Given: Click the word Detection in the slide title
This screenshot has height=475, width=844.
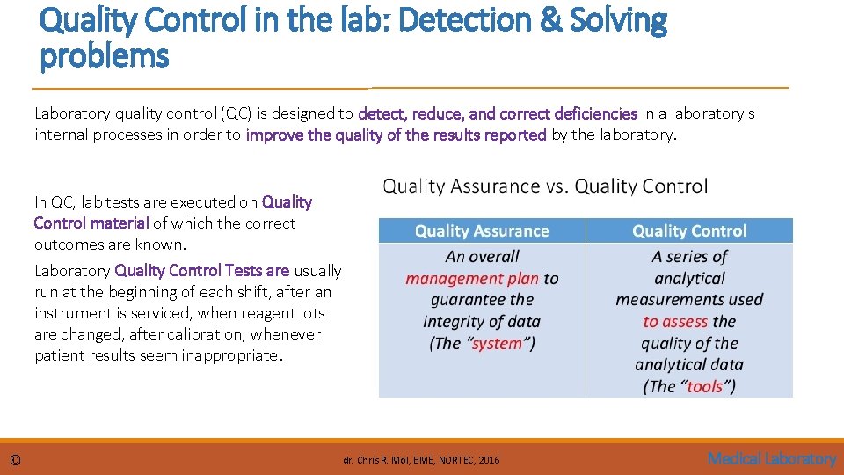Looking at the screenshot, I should click(x=459, y=19).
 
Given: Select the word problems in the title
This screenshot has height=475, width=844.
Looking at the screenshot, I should click(x=104, y=57).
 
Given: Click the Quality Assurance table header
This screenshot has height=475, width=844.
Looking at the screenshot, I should click(x=482, y=231).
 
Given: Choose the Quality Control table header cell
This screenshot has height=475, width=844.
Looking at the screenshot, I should click(x=689, y=231).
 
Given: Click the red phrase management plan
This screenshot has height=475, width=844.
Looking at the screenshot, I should click(x=472, y=279).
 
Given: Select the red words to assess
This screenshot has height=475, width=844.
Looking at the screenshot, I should click(x=676, y=322).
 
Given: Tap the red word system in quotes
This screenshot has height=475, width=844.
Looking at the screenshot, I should click(x=497, y=344).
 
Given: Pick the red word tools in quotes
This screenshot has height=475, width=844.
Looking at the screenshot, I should click(x=705, y=387).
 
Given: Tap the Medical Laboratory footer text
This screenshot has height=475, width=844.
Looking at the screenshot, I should click(x=772, y=458).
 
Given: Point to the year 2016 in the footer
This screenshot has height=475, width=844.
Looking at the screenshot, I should click(x=490, y=460).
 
